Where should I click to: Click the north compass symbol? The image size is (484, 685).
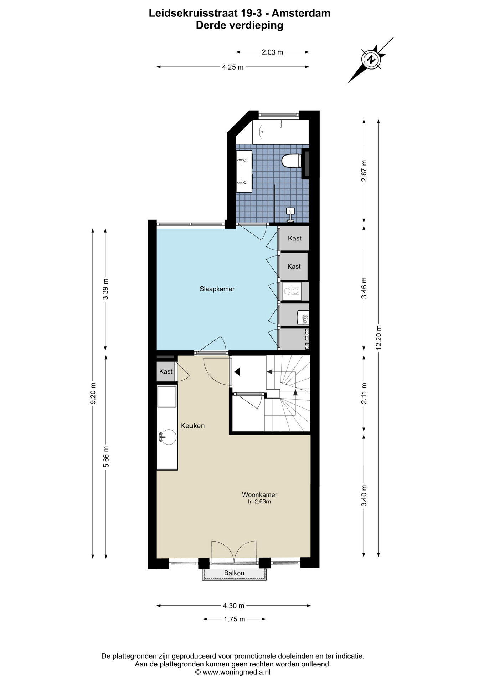click(x=371, y=59)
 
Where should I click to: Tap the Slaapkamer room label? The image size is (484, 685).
click(x=217, y=289)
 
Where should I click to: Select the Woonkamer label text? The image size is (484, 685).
click(x=259, y=495)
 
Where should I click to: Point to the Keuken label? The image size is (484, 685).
click(x=192, y=426)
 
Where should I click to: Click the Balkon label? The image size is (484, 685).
click(x=234, y=573)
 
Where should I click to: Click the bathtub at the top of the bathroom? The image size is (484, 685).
click(x=280, y=132)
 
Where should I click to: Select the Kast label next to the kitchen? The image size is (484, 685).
click(x=166, y=371)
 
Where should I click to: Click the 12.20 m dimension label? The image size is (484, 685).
click(x=379, y=337)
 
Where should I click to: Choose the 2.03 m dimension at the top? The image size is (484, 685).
click(x=272, y=52)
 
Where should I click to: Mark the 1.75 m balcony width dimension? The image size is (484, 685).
click(x=235, y=629)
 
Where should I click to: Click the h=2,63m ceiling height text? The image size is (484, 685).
click(x=259, y=502)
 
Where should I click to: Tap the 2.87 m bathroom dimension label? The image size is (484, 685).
click(x=364, y=171)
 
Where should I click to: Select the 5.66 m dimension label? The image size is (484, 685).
click(x=106, y=456)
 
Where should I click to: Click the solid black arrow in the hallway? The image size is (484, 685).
click(x=238, y=372)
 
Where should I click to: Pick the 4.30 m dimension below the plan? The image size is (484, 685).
click(x=233, y=605)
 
